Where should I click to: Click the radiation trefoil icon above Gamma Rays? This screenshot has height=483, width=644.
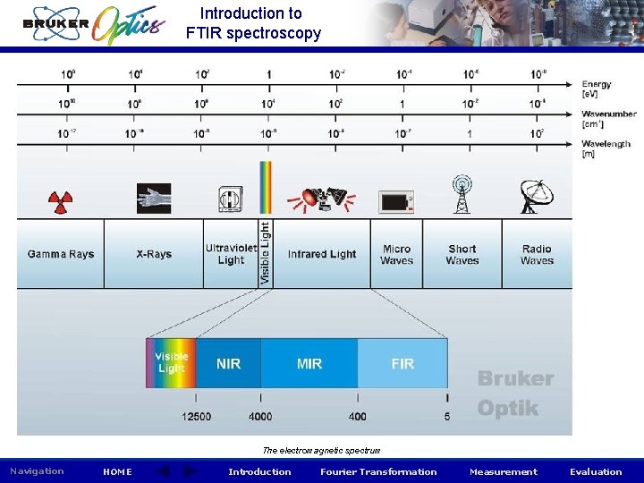tap(60, 201)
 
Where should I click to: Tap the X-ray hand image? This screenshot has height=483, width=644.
tap(153, 198)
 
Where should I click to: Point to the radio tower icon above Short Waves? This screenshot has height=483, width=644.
tap(462, 195)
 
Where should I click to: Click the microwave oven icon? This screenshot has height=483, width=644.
tap(396, 201)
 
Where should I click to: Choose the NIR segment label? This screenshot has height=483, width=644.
tap(228, 364)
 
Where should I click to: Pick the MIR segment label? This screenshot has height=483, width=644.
tap(309, 364)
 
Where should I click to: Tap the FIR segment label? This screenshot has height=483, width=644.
tap(402, 364)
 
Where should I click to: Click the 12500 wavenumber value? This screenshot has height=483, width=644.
tap(196, 416)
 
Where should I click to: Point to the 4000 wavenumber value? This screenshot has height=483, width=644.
tap(260, 416)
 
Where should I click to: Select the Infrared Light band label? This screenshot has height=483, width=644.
tap(322, 255)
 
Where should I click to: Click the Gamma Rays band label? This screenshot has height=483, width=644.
tap(61, 255)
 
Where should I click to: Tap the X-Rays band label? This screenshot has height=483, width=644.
tap(154, 255)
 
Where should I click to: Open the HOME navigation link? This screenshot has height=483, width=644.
tap(117, 472)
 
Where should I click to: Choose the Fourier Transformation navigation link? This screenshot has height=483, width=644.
tap(378, 472)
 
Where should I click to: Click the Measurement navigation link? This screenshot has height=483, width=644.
tap(504, 472)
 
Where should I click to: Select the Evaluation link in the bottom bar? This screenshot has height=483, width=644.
tap(596, 472)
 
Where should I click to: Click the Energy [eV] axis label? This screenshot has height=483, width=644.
tap(597, 89)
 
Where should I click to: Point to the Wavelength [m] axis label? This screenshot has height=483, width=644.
tap(606, 148)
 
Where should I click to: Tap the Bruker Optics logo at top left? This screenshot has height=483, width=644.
tap(94, 24)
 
